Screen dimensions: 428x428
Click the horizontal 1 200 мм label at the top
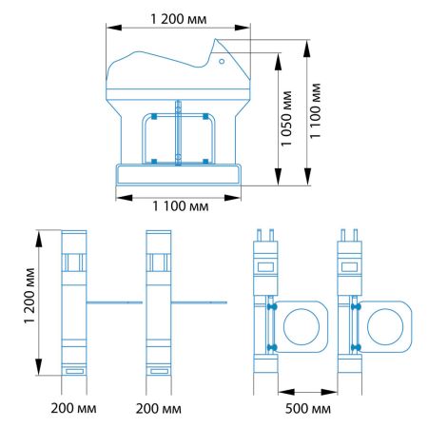pos(179,19)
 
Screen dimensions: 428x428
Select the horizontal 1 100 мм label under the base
pos(181,206)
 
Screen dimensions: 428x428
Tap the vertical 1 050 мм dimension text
pos(286,119)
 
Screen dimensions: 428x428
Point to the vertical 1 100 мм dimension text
pos(315,110)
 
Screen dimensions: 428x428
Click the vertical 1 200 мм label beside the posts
pos(29,296)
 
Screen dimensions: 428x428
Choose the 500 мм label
pos(308,409)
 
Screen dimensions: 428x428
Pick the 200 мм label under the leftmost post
pos(73,408)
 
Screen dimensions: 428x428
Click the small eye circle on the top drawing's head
pos(222,61)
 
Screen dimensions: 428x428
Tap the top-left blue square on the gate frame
pos(154,116)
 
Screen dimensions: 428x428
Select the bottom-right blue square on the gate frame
pos(205,162)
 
